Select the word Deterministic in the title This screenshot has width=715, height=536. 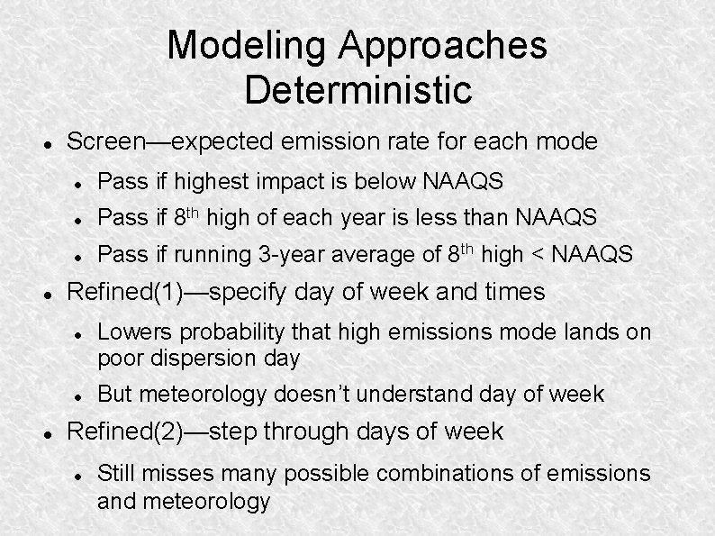click(x=357, y=89)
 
